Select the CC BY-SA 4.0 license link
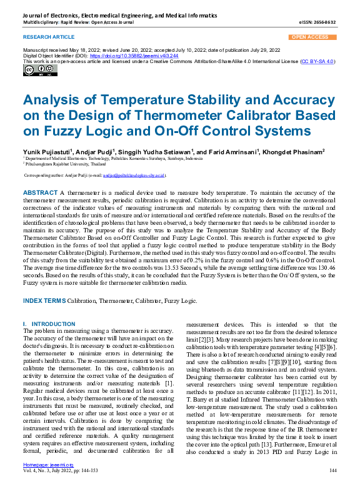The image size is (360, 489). click(x=319, y=62)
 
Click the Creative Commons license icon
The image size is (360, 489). click(x=33, y=70)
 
